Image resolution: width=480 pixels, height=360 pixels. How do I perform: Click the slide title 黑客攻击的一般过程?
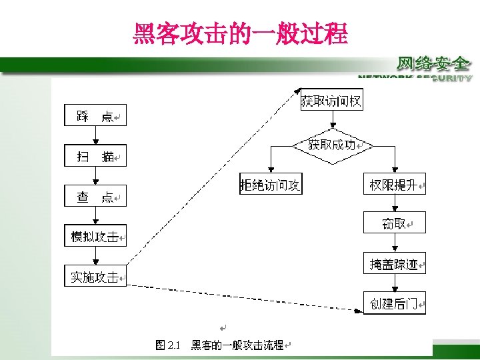241,33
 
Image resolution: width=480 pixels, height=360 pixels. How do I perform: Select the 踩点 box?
95,116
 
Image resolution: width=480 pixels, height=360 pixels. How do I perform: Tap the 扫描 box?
95,156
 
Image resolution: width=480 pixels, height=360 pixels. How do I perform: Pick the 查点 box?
95,196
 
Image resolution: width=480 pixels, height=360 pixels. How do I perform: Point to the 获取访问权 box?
331,101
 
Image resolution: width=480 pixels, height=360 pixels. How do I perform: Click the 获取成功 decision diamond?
331,145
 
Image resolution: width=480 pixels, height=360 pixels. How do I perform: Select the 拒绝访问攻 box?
271,185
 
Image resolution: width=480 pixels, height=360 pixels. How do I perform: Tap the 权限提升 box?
394,185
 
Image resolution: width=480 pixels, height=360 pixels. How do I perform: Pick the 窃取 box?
394,223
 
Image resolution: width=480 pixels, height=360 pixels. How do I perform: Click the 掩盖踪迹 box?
394,264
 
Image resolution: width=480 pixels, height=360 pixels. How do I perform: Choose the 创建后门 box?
394,303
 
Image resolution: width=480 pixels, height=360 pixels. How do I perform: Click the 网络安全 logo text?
433,64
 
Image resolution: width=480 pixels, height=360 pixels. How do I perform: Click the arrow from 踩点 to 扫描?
95,135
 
